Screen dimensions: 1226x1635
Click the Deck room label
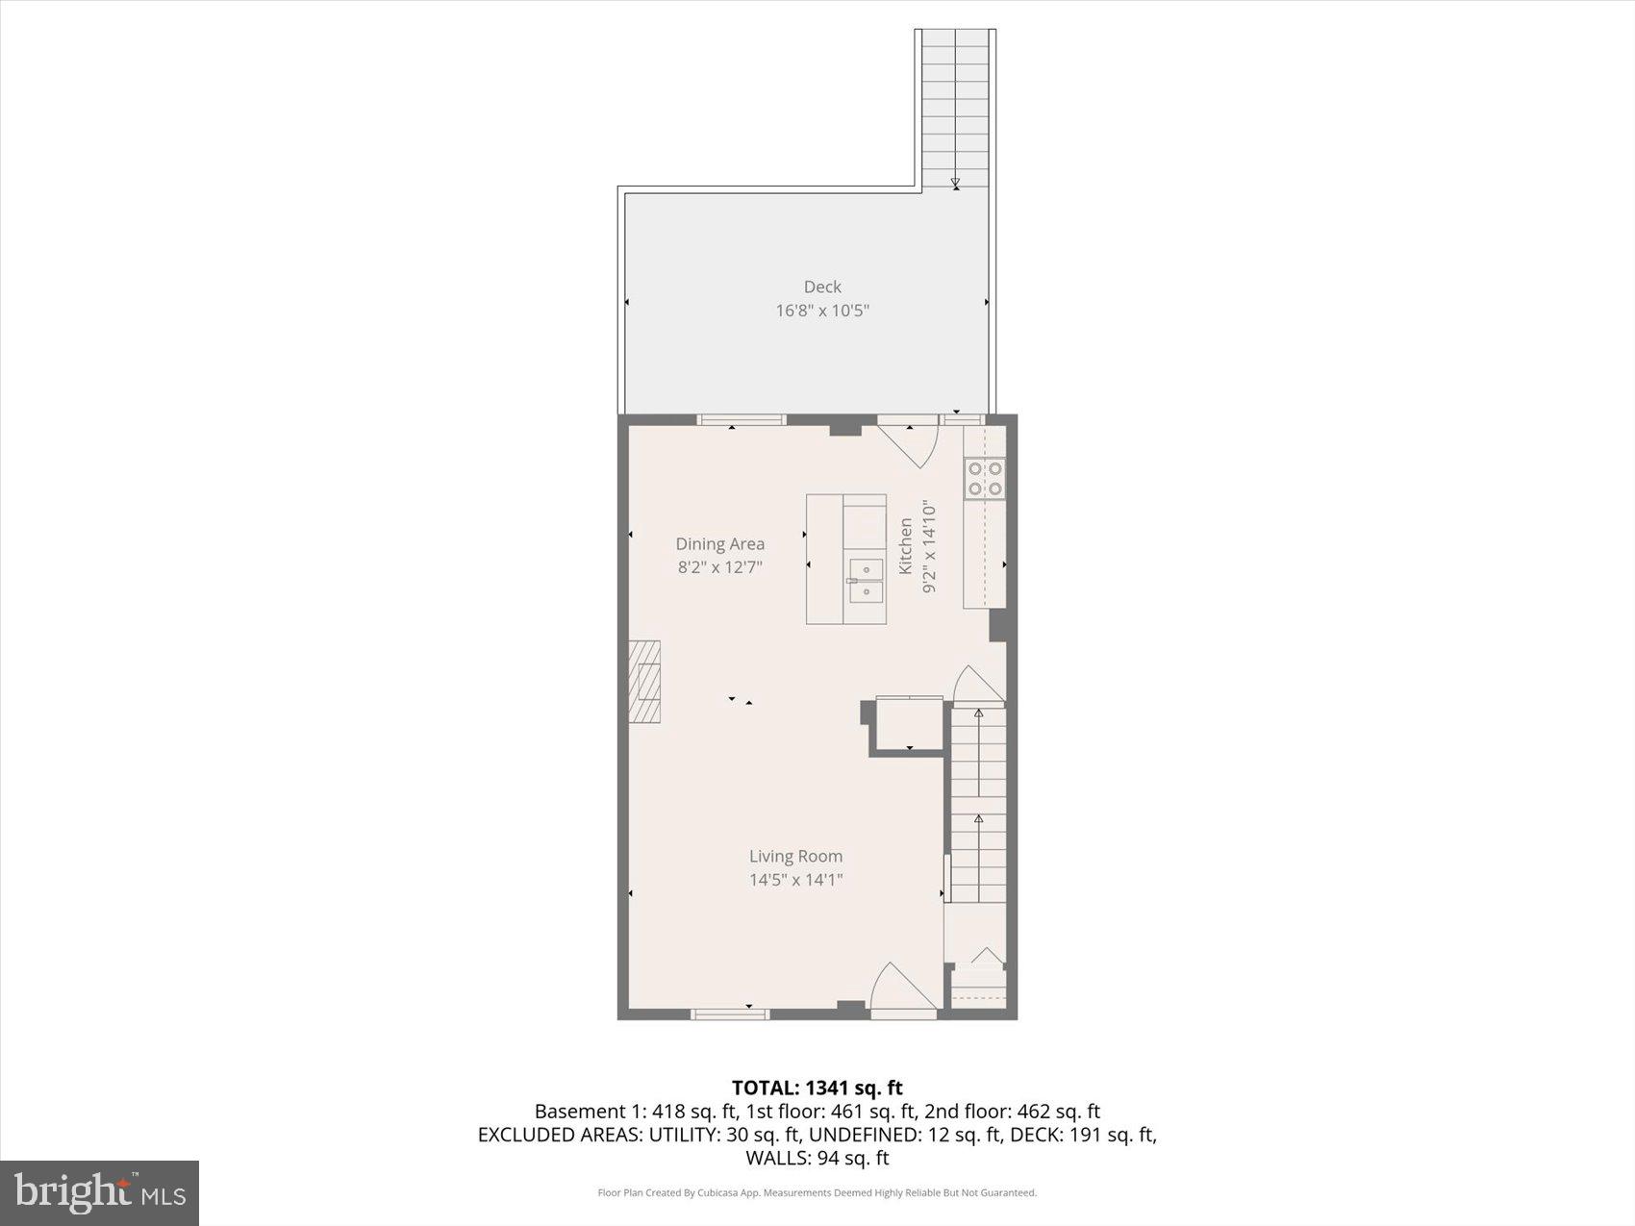822,287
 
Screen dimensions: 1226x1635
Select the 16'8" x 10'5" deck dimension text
822,311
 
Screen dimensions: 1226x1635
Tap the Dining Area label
719,544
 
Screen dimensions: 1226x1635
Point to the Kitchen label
905,546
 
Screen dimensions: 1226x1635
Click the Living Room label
795,856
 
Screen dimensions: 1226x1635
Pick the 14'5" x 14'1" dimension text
795,880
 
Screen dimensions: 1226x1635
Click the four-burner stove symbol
985,478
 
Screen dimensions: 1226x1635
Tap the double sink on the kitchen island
866,581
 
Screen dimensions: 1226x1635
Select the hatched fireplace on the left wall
645,682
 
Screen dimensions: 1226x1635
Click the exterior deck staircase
955,106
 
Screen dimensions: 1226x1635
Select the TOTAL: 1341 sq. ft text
817,1088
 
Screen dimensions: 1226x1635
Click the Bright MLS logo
100,1192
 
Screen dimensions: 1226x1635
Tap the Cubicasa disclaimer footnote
817,1193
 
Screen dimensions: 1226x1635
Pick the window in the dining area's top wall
741,420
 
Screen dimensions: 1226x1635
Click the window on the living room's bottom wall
731,1013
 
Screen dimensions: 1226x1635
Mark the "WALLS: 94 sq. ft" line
817,1158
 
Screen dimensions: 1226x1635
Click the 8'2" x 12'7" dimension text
719,567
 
